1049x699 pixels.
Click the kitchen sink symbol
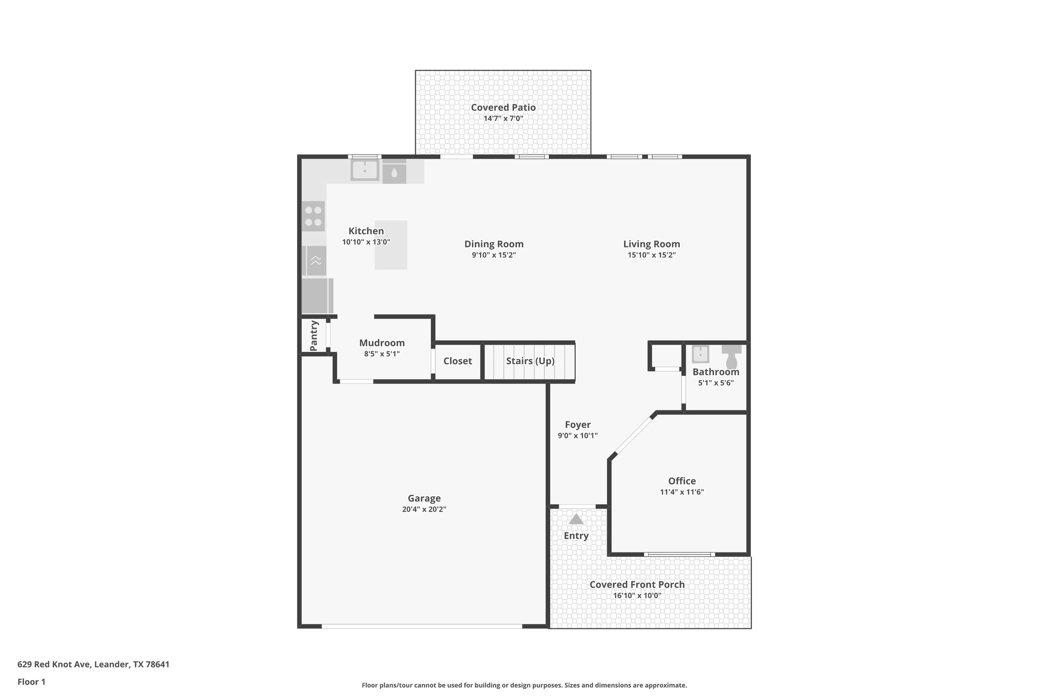click(365, 170)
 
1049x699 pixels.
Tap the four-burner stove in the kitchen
click(313, 216)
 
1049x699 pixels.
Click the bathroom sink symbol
click(700, 354)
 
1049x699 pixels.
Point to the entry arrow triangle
click(576, 519)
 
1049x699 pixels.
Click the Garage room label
click(424, 498)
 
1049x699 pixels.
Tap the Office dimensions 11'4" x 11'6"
click(682, 492)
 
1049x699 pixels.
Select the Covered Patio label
click(503, 108)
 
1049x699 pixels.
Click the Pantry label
click(314, 336)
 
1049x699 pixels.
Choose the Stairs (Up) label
click(530, 361)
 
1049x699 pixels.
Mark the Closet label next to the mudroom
click(457, 361)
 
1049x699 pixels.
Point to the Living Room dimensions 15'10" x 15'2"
click(652, 255)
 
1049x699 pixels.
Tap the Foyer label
click(577, 425)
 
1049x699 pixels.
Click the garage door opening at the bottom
click(422, 626)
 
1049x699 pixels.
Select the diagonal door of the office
click(634, 436)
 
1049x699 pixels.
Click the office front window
click(679, 554)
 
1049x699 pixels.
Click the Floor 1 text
click(31, 682)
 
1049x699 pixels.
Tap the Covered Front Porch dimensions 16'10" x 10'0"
click(637, 596)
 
